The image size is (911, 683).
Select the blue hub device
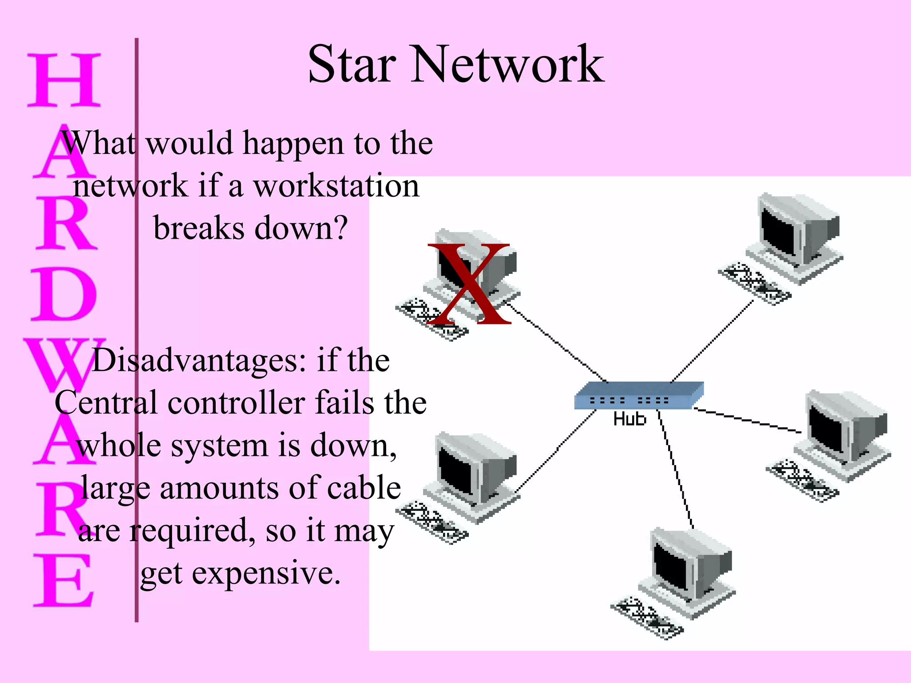coord(638,395)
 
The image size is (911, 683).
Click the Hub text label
coord(629,419)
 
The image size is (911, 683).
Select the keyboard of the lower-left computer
coord(431,522)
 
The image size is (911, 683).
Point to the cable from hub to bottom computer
coord(676,471)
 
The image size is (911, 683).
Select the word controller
coord(236,403)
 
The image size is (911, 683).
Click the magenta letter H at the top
coord(64,80)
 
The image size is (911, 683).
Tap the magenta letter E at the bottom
coord(64,580)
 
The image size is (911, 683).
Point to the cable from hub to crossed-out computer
coord(556,342)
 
